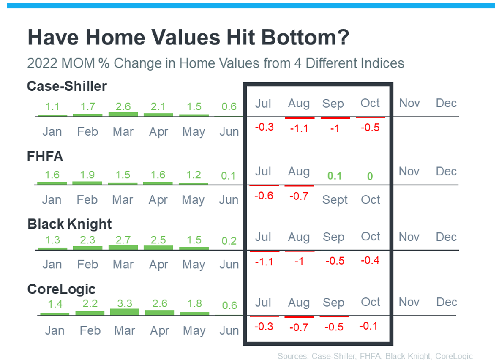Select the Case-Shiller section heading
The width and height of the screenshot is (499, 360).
[67, 86]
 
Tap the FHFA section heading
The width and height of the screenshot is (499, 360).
[45, 156]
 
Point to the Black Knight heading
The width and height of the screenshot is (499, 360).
[69, 224]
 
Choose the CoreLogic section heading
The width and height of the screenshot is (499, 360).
[61, 289]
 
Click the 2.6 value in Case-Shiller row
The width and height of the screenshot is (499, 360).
[123, 106]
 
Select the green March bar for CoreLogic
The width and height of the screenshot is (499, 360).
[124, 312]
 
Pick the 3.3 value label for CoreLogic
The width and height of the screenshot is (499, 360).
[124, 303]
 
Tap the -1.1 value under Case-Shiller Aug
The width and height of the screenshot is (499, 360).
[299, 128]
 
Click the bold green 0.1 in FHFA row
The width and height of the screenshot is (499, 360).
[335, 176]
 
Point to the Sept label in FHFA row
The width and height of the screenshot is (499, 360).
[335, 200]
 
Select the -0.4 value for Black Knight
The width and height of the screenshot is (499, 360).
[370, 260]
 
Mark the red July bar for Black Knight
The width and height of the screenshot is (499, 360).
[264, 251]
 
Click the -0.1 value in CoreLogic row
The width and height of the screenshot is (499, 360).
[368, 326]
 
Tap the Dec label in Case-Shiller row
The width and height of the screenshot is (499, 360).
[446, 103]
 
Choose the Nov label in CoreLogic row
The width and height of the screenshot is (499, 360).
[409, 302]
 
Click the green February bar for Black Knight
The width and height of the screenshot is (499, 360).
[87, 248]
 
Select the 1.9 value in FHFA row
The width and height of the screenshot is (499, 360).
[87, 175]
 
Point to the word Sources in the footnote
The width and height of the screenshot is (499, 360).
[293, 356]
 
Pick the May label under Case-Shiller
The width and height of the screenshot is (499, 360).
[194, 132]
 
